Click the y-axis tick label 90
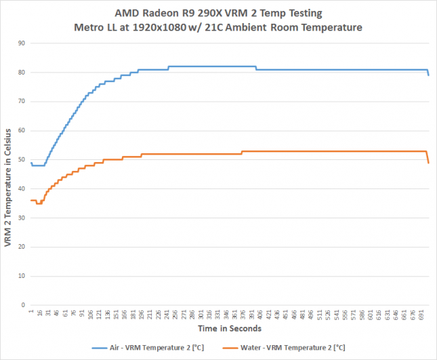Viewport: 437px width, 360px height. click(x=21, y=43)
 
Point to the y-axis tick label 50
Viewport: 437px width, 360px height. click(x=21, y=159)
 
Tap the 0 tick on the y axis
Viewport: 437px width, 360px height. click(x=23, y=305)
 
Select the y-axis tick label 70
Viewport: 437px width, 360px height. click(x=21, y=101)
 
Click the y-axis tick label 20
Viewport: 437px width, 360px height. click(x=21, y=247)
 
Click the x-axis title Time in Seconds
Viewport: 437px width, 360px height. click(x=230, y=328)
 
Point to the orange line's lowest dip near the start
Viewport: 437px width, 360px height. click(x=39, y=203)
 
